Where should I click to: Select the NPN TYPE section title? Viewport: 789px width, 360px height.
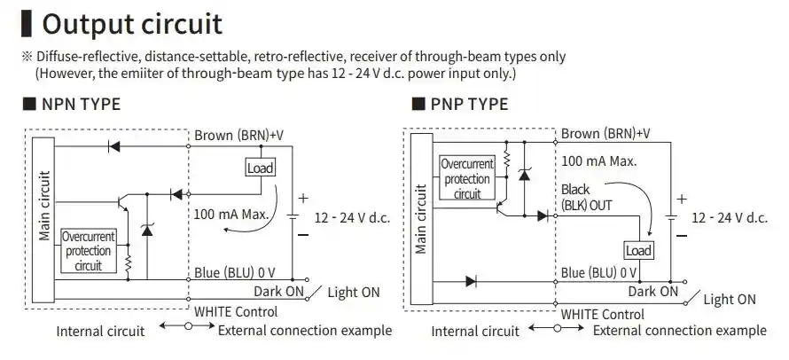coord(81,104)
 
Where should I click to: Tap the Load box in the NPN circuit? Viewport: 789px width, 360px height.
coord(260,168)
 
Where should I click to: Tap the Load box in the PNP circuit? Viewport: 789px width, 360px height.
coord(638,250)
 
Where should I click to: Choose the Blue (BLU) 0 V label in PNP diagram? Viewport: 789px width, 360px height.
coord(598,273)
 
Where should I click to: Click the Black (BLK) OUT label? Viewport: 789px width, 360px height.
coord(586,198)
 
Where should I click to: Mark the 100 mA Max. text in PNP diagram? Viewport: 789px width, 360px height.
coord(598,161)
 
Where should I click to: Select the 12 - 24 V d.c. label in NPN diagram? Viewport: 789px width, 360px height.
coord(352,216)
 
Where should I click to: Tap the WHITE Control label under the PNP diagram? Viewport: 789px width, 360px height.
coord(602,314)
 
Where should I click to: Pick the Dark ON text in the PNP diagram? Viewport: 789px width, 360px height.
coord(652,291)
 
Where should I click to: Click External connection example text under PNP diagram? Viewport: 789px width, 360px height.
coord(679,331)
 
